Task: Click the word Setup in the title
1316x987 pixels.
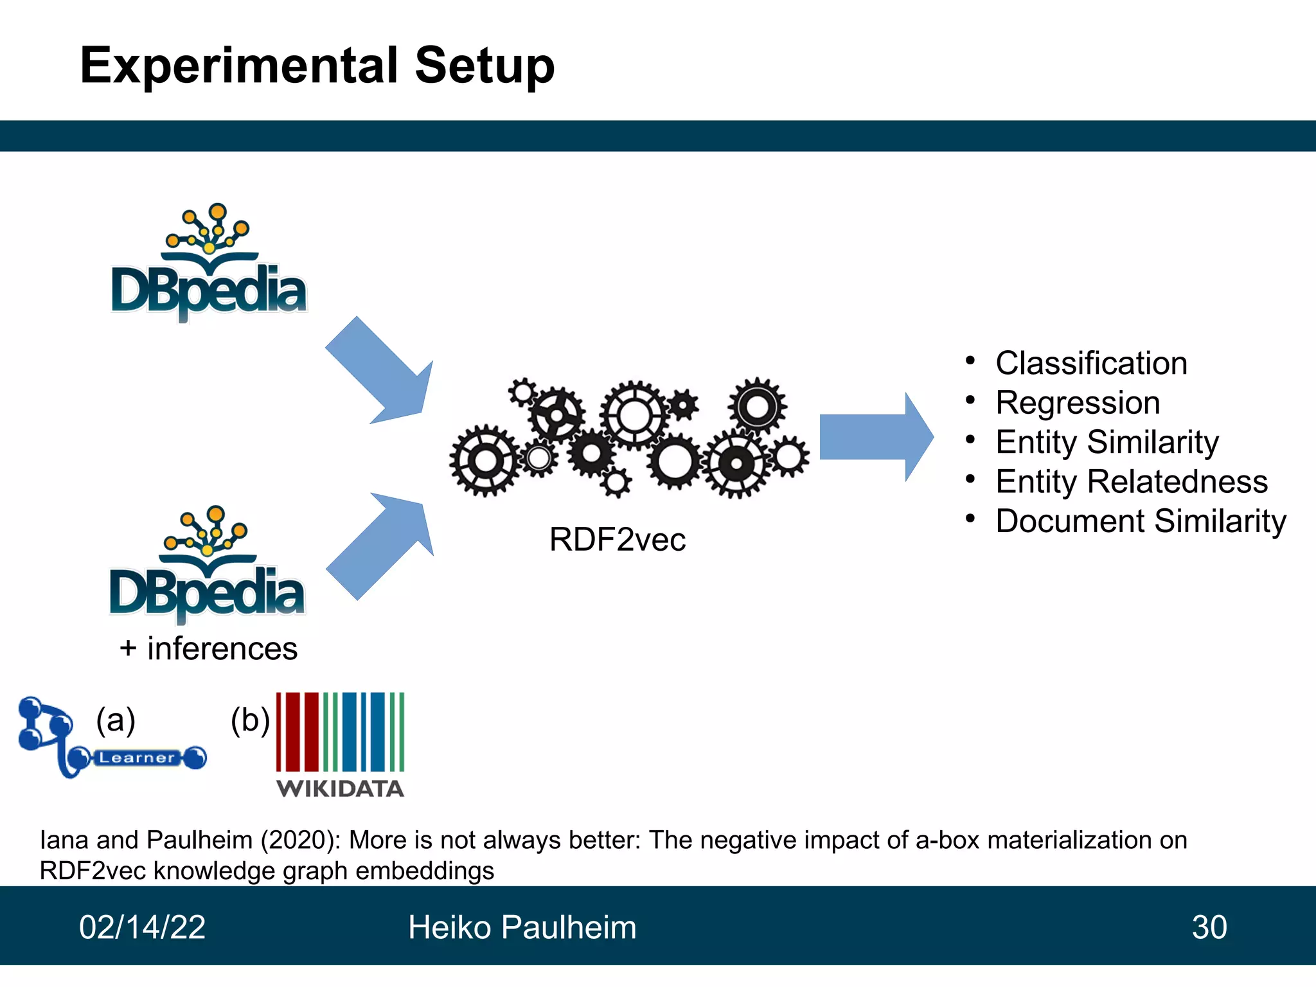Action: pos(485,66)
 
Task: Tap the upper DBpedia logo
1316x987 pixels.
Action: pos(209,263)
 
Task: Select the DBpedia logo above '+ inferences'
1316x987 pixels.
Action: pos(207,565)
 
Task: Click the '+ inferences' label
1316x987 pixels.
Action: pos(209,648)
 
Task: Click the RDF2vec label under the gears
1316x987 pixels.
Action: pos(618,539)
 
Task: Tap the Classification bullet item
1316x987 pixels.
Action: pos(1091,363)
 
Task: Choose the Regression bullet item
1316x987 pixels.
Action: pos(1078,403)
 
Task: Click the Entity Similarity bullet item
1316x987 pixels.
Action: pos(1107,442)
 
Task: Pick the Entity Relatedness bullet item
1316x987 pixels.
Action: pos(1132,481)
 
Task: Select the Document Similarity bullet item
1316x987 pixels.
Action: pos(1141,521)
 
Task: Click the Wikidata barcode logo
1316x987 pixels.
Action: pos(340,744)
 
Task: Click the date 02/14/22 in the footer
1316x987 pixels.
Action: pos(142,927)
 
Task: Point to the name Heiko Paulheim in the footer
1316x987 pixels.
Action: pos(522,927)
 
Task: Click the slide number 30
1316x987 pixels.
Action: pos(1209,927)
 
